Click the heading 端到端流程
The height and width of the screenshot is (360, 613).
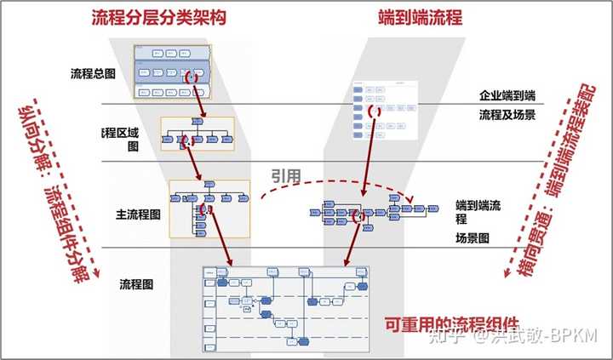click(x=420, y=18)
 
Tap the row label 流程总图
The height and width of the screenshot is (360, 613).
click(x=93, y=74)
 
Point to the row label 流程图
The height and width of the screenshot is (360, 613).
click(x=136, y=282)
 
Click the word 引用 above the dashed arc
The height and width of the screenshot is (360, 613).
click(x=287, y=175)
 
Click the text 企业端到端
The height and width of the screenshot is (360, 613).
click(x=508, y=97)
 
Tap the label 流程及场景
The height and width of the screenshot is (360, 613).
click(x=507, y=114)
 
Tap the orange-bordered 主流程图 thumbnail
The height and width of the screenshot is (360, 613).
click(x=209, y=209)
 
